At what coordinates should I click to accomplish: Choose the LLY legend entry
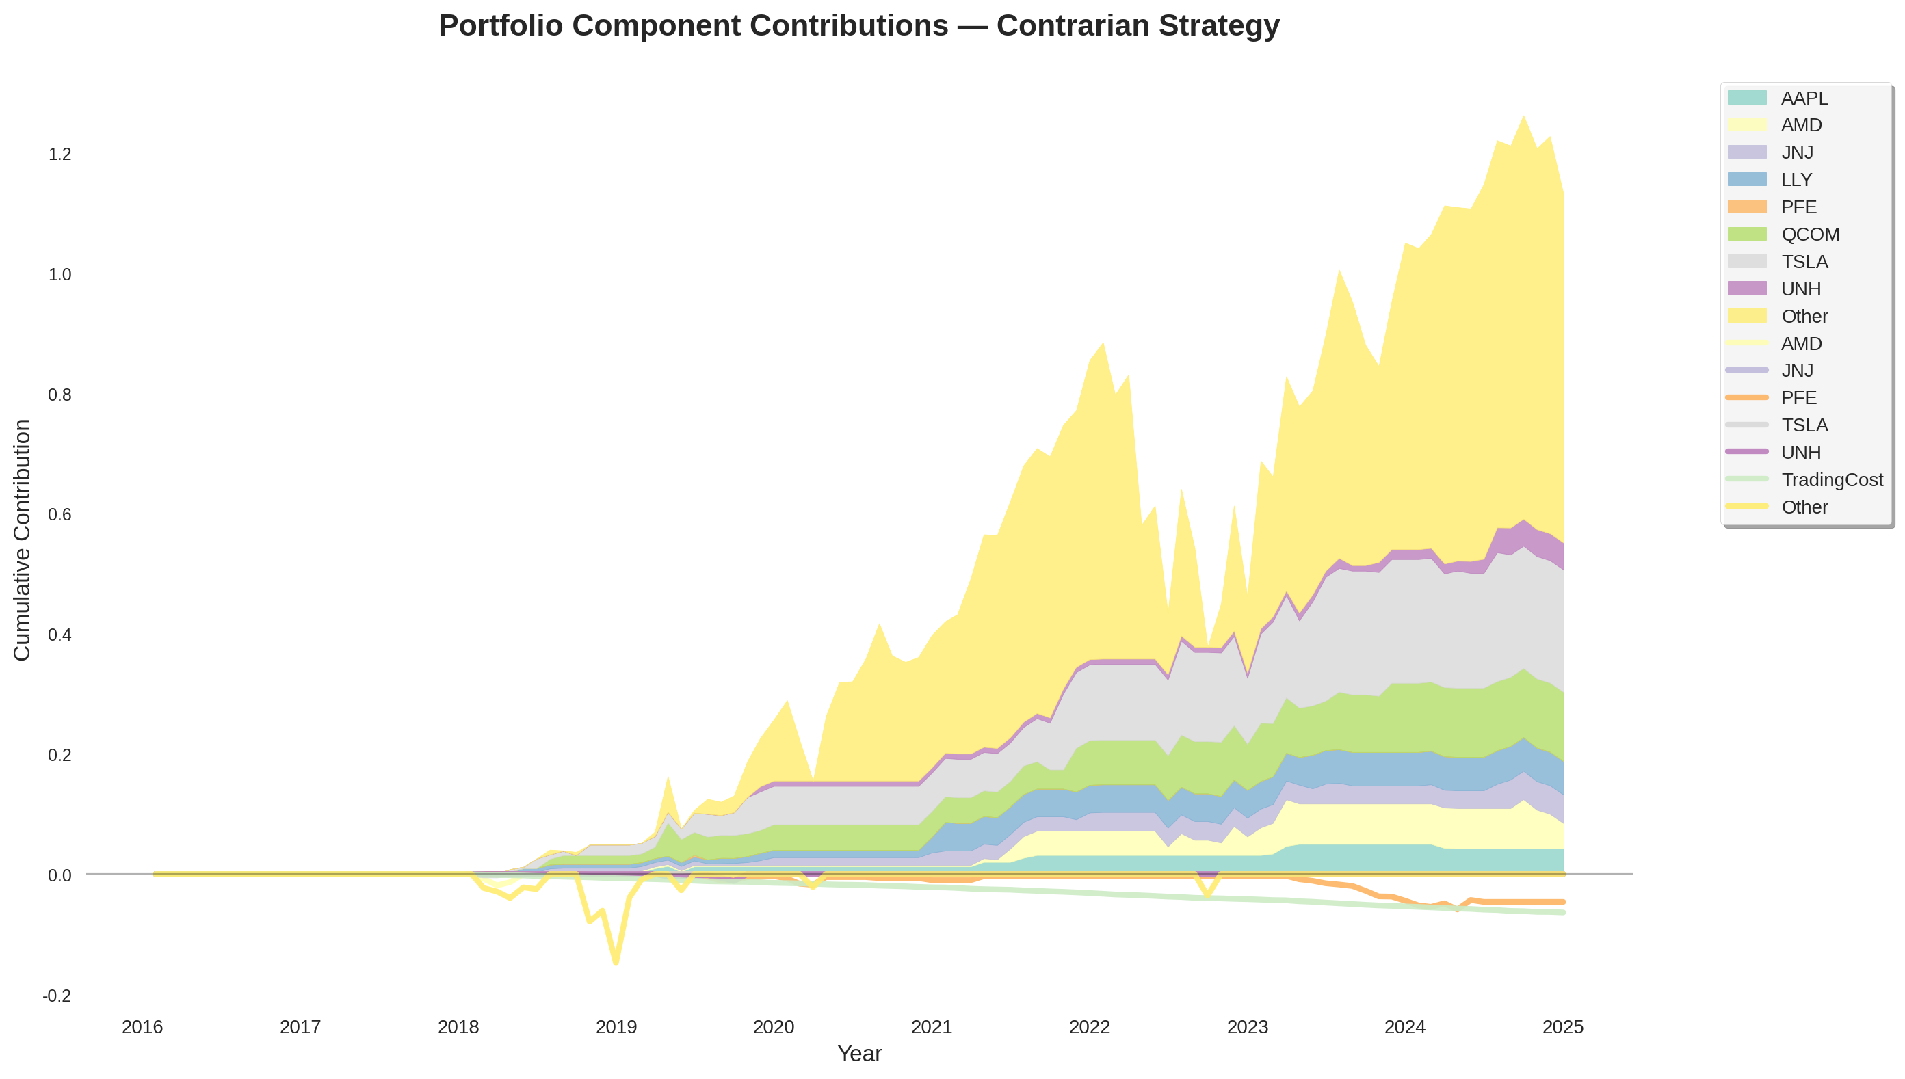pos(1796,179)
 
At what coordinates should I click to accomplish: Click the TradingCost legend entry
pos(1831,479)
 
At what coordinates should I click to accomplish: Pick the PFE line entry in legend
pos(1798,398)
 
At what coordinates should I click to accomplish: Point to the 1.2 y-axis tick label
pos(60,154)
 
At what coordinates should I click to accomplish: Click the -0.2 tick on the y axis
pos(57,996)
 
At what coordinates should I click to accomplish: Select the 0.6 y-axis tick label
pos(60,514)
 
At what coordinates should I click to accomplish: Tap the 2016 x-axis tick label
pos(142,1027)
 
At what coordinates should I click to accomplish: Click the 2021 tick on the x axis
pos(931,1027)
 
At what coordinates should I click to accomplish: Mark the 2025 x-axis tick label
pos(1562,1027)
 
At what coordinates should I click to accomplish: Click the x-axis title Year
pos(859,1054)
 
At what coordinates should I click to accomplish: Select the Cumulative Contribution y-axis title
pos(23,539)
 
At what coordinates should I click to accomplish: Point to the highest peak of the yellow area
pos(1523,116)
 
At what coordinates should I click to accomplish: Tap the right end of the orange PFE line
pos(1562,902)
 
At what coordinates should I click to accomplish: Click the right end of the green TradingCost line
pos(1562,912)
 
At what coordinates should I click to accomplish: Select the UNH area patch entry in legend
pos(1800,289)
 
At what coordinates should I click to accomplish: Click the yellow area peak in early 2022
pos(1103,343)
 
